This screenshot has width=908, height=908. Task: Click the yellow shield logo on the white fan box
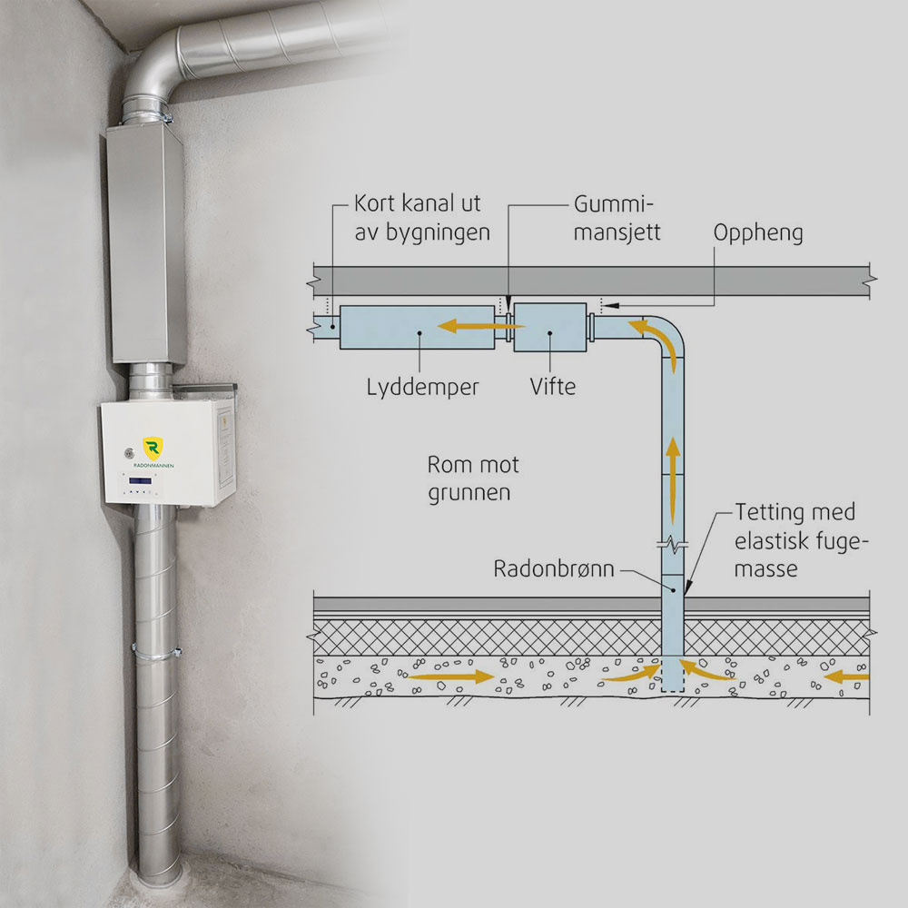153,447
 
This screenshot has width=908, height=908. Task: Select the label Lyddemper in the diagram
423,387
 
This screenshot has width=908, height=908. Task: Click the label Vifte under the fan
553,387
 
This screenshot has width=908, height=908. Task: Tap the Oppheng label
759,233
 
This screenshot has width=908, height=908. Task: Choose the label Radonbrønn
554,569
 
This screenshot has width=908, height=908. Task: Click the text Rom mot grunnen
473,479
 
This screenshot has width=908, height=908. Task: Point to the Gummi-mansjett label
617,218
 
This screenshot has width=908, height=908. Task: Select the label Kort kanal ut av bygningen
423,218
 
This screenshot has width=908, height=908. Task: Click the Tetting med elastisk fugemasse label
795,541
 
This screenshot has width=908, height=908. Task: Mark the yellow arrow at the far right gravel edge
848,676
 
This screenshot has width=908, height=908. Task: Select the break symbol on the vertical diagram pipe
672,547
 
